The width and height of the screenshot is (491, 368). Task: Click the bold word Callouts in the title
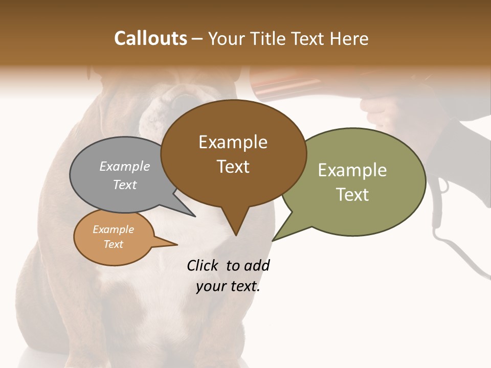(150, 38)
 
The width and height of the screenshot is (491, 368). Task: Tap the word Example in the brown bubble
(233, 142)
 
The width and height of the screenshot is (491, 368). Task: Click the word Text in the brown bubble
(233, 167)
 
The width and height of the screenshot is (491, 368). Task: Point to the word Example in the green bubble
(352, 170)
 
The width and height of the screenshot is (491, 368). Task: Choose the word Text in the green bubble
(352, 195)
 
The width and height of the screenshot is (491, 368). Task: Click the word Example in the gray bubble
(125, 166)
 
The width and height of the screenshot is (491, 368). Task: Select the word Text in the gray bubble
(125, 185)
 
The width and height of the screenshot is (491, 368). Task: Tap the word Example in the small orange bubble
(113, 229)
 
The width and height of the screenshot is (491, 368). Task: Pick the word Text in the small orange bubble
(113, 244)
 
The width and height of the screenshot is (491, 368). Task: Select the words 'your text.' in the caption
(228, 287)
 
